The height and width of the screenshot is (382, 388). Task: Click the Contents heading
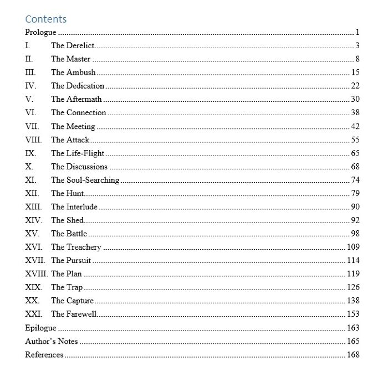45,19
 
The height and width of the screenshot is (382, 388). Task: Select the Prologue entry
40,32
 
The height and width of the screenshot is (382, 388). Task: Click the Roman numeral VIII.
33,140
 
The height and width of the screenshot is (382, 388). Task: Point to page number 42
355,126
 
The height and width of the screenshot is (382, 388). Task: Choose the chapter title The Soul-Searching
85,180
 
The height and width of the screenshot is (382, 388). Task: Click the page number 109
353,247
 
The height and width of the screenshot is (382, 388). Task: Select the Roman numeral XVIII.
37,274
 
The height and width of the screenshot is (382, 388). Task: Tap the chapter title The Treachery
76,247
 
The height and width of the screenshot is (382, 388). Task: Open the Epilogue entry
40,328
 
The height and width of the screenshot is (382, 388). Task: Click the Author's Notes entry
52,341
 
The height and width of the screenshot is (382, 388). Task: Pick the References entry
44,355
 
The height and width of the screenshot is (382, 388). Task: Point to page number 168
353,355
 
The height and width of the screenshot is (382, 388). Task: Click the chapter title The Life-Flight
78,153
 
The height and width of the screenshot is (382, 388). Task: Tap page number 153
353,314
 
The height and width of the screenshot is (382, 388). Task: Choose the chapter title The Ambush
73,73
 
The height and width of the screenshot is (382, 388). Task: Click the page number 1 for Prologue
358,32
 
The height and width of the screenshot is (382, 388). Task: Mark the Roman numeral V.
29,99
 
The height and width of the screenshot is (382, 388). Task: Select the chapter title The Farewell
74,314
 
